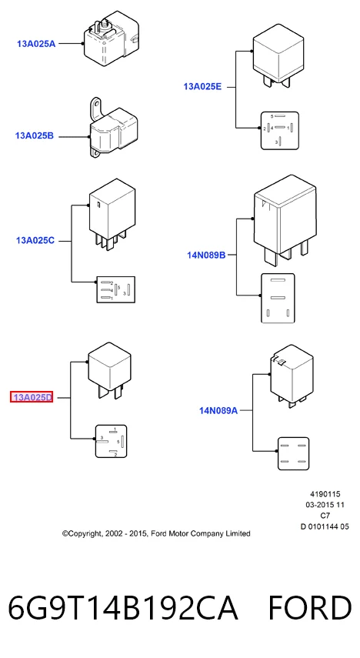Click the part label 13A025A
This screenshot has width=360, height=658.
36,43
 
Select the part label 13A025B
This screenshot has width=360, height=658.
35,136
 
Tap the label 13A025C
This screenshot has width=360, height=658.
35,241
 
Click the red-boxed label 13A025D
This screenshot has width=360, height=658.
32,397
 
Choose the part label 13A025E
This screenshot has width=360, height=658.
202,87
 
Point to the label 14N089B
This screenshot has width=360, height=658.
206,255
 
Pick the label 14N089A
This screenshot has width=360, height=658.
218,411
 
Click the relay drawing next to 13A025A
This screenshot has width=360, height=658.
111,39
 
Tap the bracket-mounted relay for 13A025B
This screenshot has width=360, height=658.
113,128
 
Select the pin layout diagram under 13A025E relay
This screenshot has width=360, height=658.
280,131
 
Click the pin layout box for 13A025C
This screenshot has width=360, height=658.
116,289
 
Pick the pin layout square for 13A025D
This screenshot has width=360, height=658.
112,441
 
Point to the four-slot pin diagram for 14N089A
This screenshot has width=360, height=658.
294,453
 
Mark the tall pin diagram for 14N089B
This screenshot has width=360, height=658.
278,299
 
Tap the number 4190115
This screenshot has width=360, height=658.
325,494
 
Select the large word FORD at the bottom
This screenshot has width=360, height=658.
310,607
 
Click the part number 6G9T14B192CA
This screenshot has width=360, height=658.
123,607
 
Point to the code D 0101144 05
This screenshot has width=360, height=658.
325,526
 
